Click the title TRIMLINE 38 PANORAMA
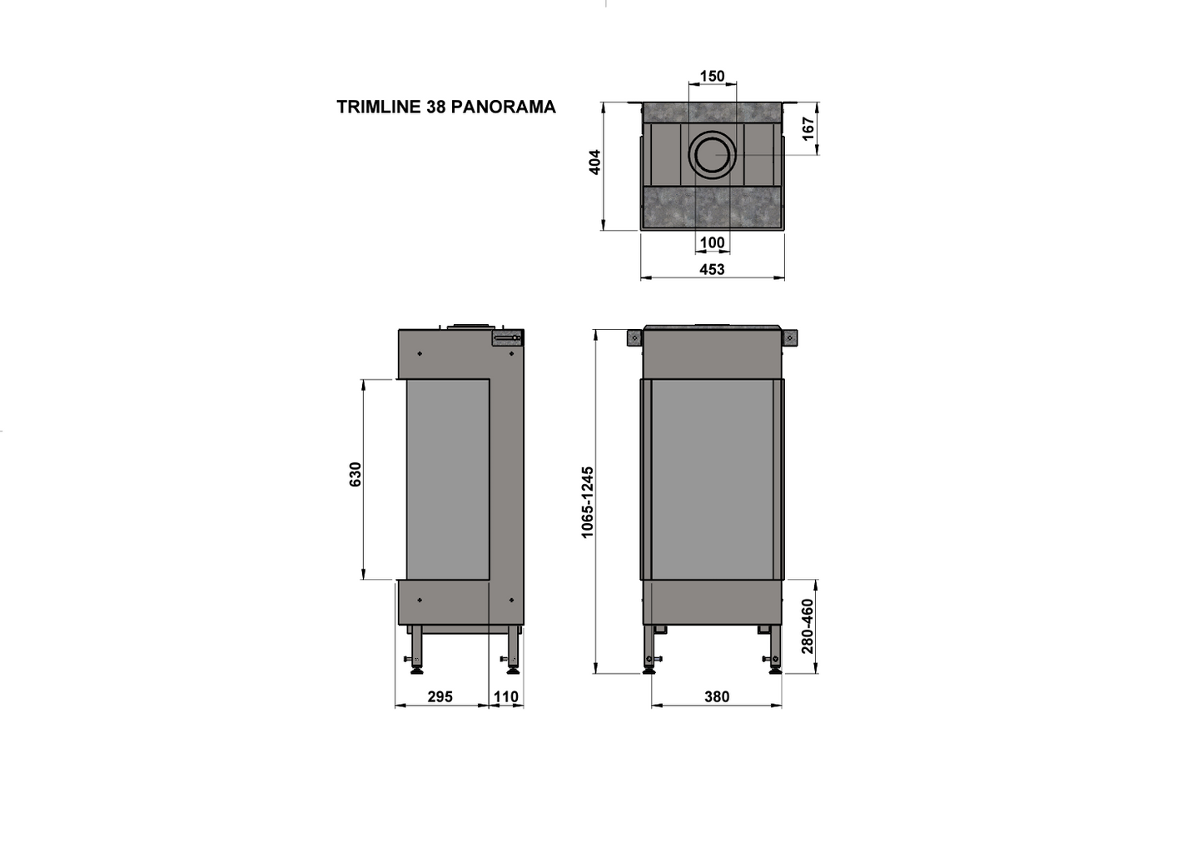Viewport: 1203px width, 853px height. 445,107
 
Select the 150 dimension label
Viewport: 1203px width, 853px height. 712,76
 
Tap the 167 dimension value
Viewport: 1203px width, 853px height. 808,128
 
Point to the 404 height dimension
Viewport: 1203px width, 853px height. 594,162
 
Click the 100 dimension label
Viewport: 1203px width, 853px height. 712,242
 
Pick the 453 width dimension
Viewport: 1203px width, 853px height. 712,269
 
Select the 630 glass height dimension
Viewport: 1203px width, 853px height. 355,474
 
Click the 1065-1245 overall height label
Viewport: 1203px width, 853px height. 588,501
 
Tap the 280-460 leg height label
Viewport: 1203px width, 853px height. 807,626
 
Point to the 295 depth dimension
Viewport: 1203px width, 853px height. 440,696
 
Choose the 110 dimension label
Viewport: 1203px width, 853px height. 506,696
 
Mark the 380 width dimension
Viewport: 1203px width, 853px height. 716,696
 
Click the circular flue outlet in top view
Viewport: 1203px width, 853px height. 712,154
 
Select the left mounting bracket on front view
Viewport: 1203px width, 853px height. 634,337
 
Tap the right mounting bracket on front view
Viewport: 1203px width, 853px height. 789,337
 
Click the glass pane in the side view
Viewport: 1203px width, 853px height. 447,479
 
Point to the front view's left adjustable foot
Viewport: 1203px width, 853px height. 649,664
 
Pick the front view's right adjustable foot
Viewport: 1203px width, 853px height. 774,664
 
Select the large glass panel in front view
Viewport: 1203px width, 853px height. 712,479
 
